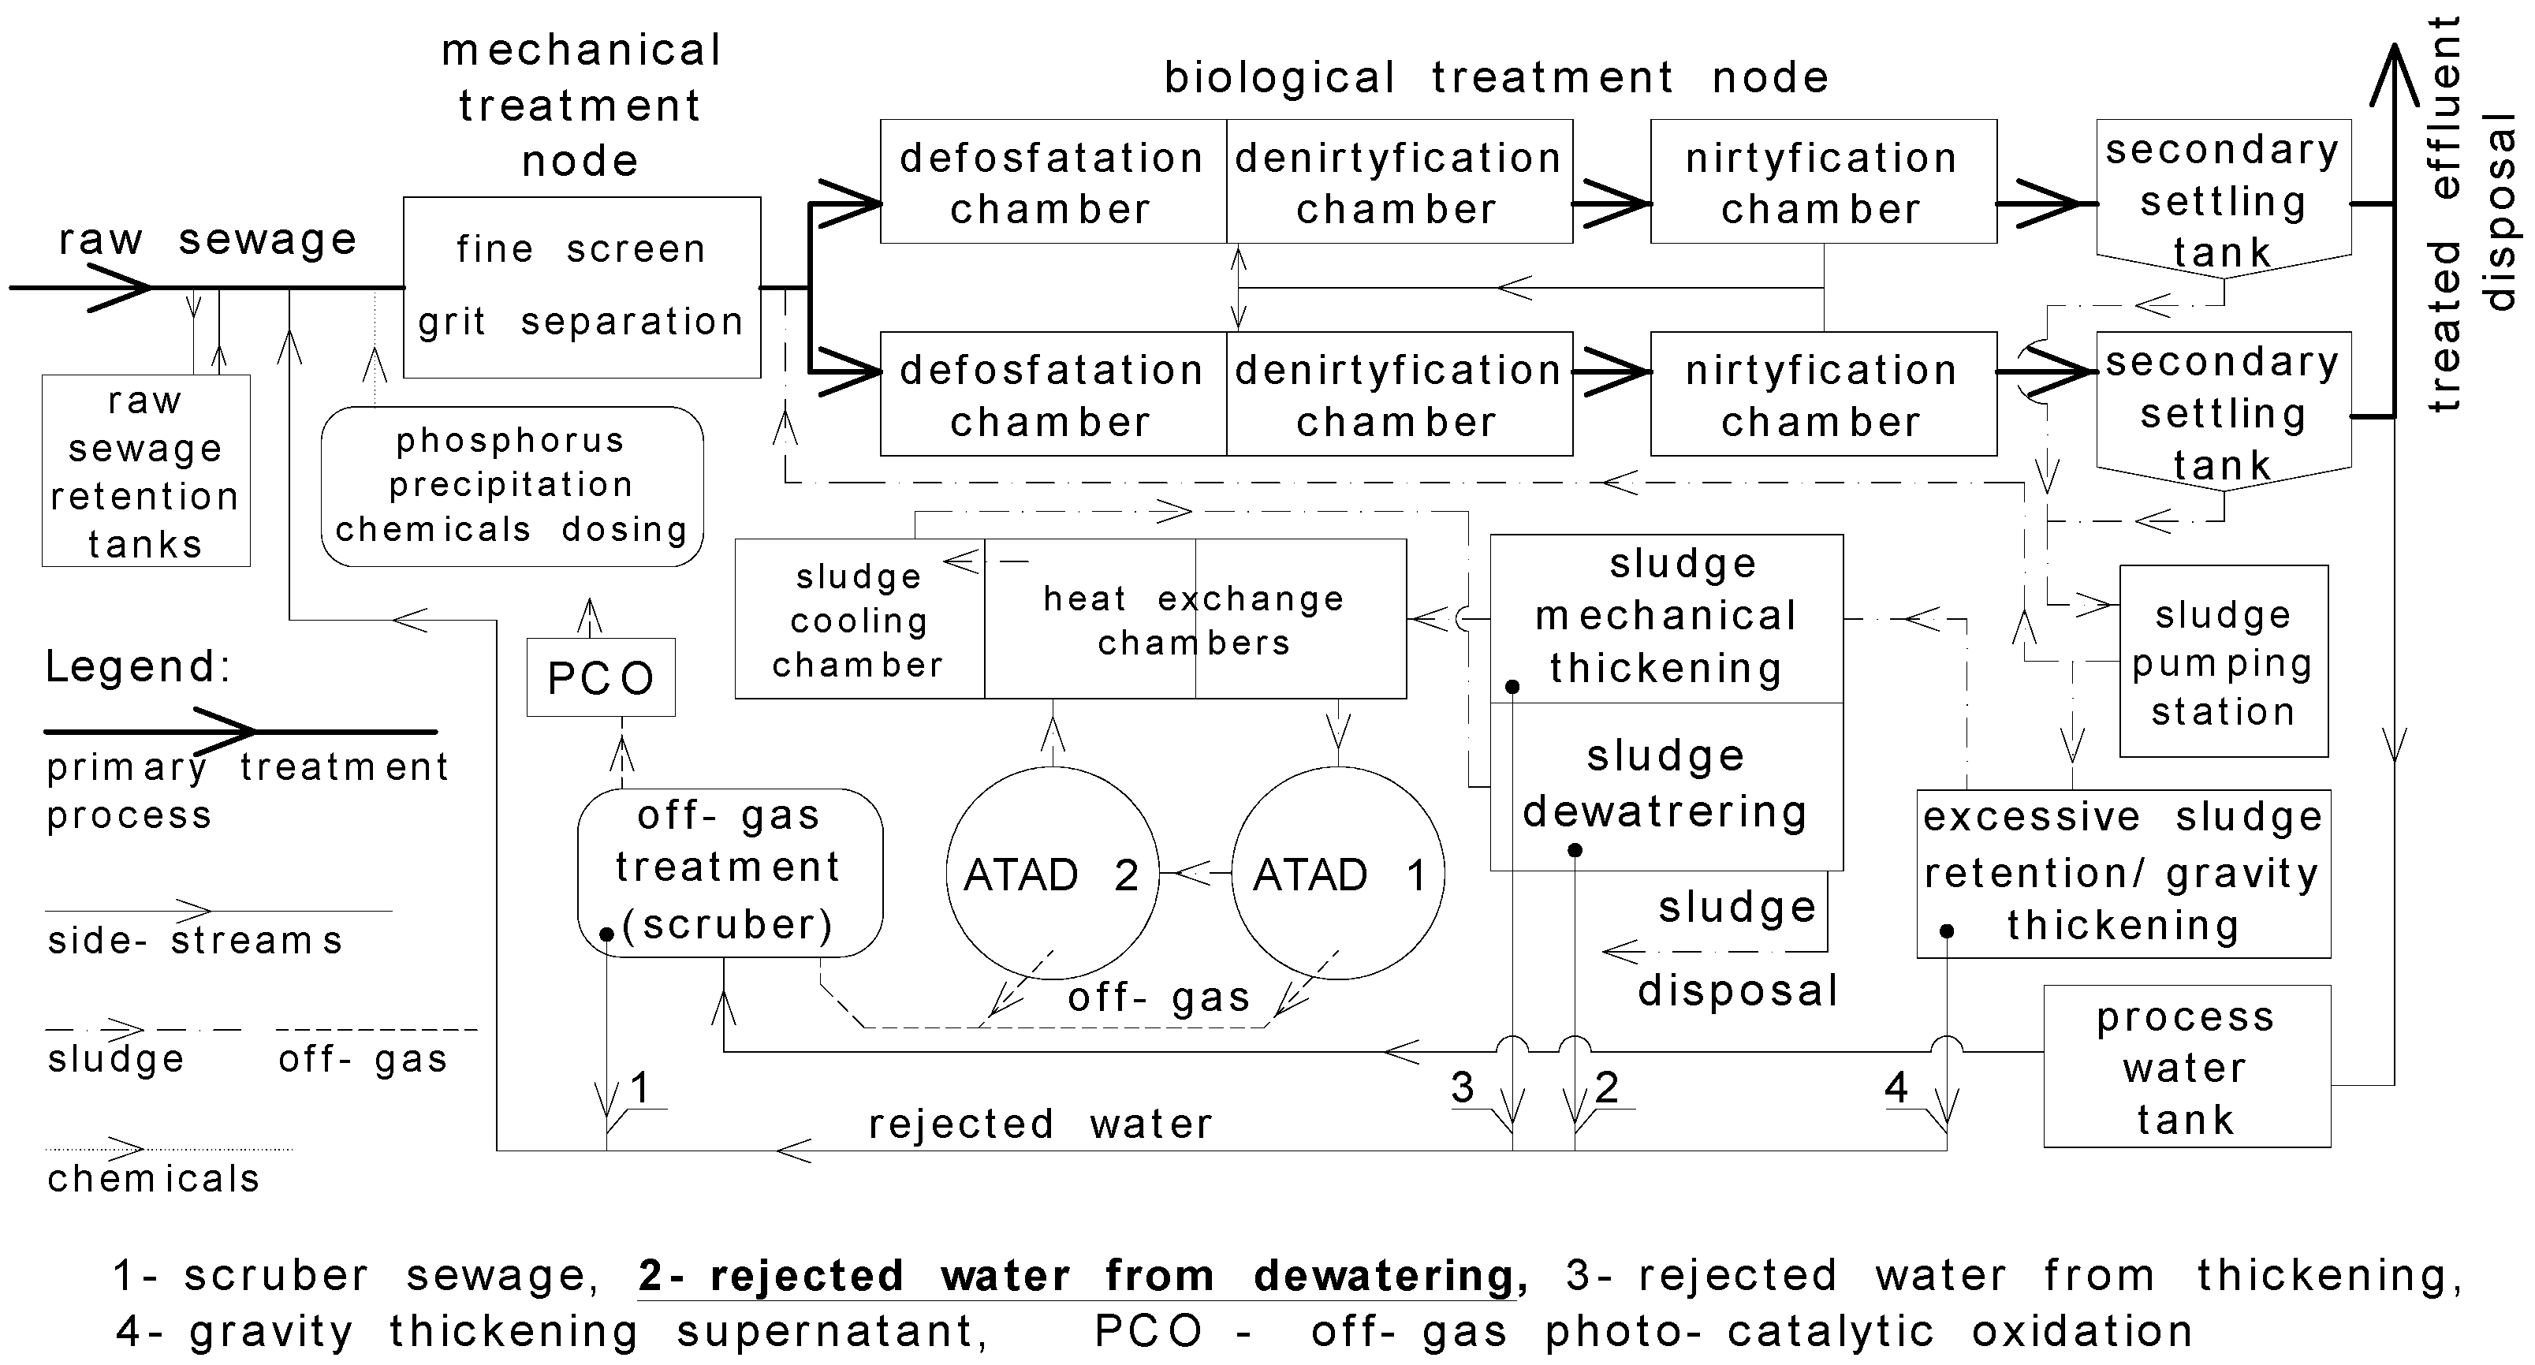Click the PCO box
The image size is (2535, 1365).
point(600,677)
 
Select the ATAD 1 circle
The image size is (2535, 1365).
point(1337,874)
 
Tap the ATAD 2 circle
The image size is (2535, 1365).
point(1052,874)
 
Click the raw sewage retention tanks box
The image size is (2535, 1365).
point(146,472)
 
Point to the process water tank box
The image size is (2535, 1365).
point(2186,1067)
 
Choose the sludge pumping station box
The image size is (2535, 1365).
point(2223,662)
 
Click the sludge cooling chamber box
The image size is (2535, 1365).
point(859,620)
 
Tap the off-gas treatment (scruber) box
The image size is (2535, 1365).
point(729,870)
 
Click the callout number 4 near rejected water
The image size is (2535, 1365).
point(1896,1087)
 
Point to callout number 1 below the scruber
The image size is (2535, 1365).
point(640,1087)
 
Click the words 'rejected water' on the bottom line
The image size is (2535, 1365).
point(1040,1124)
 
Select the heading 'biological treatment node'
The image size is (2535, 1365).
point(1496,76)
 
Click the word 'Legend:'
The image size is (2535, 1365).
point(139,666)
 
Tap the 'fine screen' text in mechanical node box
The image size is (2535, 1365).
point(580,249)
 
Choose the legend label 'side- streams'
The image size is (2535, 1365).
point(195,941)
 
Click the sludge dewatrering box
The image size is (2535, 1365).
point(1665,785)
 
